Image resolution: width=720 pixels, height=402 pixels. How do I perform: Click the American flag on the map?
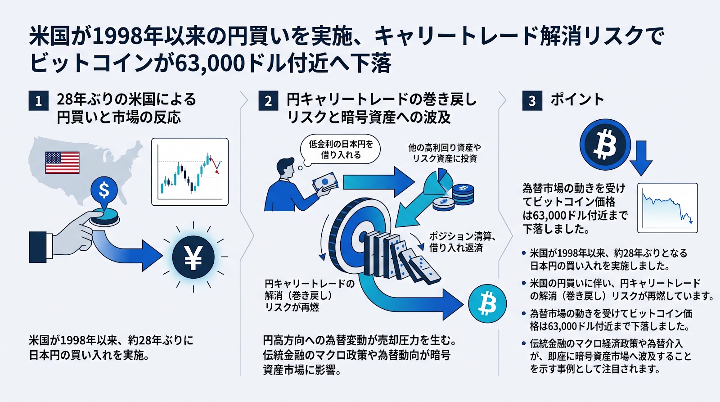pos(63,163)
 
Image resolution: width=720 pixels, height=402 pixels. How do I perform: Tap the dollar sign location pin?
pos(104,192)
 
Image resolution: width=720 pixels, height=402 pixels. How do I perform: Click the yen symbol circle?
pos(193,257)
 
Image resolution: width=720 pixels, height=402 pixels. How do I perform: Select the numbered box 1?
pos(39,101)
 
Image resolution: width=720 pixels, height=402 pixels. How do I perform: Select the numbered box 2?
pos(268,101)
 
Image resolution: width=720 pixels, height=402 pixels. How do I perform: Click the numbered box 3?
pos(532,101)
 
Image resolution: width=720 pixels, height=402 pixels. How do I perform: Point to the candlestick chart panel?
pos(190,172)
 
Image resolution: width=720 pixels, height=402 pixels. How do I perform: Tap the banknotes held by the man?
pos(325,183)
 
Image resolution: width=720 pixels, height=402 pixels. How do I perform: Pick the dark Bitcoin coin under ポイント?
pos(605,145)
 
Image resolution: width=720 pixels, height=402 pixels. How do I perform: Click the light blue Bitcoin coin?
pos(487,303)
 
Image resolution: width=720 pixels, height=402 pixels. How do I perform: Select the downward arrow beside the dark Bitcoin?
pos(641,158)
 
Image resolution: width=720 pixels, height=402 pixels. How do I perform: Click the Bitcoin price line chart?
pos(668,208)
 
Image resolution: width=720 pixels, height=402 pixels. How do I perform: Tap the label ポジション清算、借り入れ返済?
pos(462,242)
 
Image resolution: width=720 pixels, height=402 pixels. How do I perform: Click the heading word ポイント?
pos(577,99)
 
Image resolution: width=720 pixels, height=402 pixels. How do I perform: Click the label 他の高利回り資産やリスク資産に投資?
pos(445,153)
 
